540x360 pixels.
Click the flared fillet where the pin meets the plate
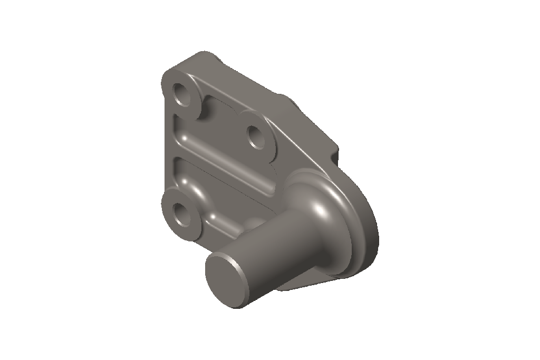click(316, 206)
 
